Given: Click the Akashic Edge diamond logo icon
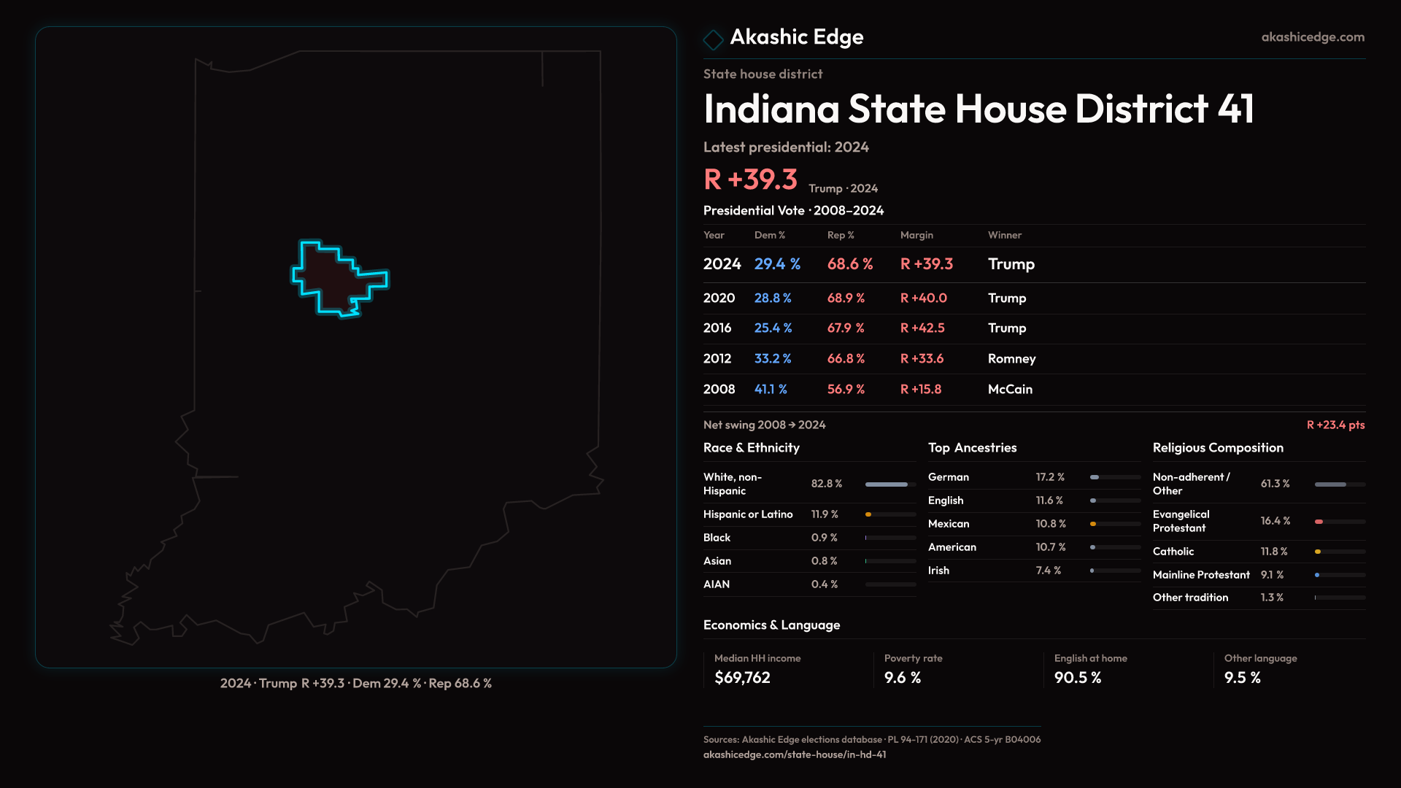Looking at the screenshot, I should [713, 39].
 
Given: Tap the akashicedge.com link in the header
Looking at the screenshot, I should [1312, 37].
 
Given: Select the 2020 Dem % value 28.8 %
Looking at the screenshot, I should [772, 298].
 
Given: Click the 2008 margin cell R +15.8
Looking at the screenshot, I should [920, 390].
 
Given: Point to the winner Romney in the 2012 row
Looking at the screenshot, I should [1011, 359].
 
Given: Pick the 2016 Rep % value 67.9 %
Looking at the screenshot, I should [845, 328].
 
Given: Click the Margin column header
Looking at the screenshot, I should [916, 235].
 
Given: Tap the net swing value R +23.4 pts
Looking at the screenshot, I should [1335, 425].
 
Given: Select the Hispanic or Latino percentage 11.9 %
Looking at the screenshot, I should [825, 514].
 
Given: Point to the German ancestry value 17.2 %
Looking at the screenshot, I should [1050, 477].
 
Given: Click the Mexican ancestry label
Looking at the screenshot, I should [949, 524].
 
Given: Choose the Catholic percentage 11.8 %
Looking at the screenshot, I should [1273, 552].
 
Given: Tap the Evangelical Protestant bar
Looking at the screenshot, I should [1339, 522].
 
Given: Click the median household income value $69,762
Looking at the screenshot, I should [742, 678].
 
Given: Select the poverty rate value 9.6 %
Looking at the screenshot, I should [902, 678].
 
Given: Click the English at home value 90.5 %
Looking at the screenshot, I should [1077, 678].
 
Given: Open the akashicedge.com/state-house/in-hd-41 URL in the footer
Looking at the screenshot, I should [794, 755].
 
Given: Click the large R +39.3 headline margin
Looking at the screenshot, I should [750, 179].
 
